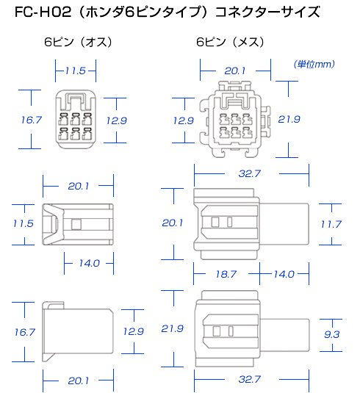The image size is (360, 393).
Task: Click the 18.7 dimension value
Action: (x=226, y=274)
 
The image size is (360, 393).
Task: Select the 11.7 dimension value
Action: (x=331, y=224)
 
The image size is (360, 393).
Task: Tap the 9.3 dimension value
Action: (x=331, y=334)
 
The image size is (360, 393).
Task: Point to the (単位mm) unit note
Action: (x=314, y=64)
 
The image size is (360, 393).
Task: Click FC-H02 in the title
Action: (x=43, y=12)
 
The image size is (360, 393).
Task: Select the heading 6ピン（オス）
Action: (x=78, y=42)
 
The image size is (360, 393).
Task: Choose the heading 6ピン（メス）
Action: (x=230, y=42)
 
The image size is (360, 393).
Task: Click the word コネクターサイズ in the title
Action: (x=267, y=12)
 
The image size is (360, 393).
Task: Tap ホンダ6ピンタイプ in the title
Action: (x=143, y=12)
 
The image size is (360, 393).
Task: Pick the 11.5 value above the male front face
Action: (x=76, y=71)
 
